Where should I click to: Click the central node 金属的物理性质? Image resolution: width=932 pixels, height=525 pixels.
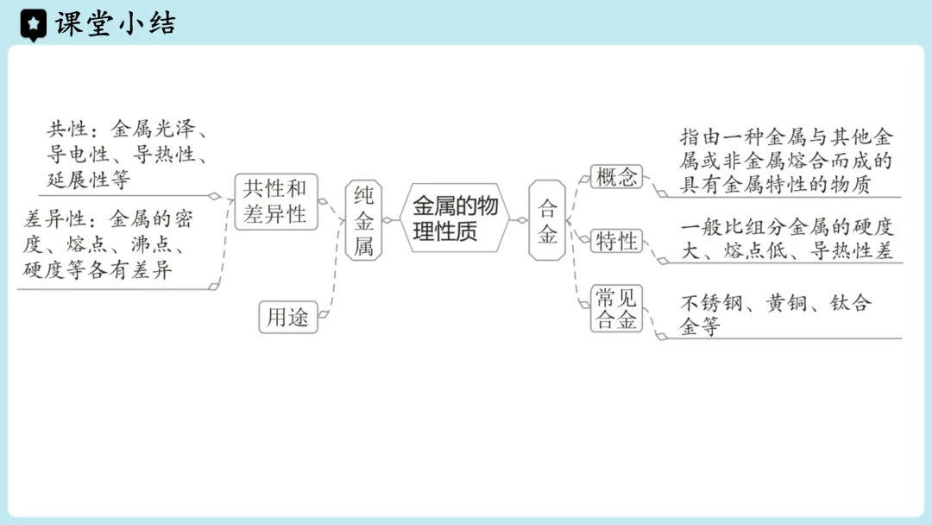pos(455,219)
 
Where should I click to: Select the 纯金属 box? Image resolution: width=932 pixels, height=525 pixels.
pos(363,220)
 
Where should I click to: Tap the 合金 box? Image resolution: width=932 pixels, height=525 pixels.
pos(547,220)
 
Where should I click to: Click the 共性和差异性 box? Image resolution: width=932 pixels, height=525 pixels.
pos(275,201)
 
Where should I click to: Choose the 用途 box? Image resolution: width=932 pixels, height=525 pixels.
pos(287,317)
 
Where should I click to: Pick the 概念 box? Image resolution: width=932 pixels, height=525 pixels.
pos(616,177)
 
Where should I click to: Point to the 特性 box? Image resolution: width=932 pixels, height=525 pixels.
pos(616,241)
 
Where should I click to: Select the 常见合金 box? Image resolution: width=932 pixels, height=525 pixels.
pos(616,309)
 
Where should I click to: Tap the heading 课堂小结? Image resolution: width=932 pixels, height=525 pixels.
pos(115,24)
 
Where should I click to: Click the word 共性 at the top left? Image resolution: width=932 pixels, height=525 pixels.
pos(66,130)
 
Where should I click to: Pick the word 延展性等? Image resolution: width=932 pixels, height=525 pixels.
pos(88,180)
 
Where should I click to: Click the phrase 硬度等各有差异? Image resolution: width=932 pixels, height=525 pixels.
pos(98,270)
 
